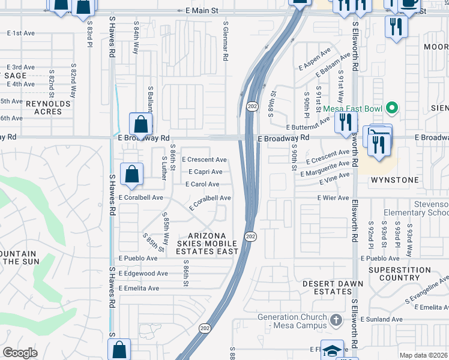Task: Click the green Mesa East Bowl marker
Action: point(392,109)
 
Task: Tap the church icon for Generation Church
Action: point(336,317)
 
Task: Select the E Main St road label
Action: point(197,11)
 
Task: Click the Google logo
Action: point(20,353)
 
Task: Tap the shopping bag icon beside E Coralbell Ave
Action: point(131,174)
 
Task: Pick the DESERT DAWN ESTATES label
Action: point(327,287)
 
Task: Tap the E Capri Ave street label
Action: point(205,172)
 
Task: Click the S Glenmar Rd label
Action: point(226,42)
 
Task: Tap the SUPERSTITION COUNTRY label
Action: point(399,274)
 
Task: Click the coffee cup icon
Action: point(411,3)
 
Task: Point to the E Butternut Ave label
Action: point(308,127)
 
